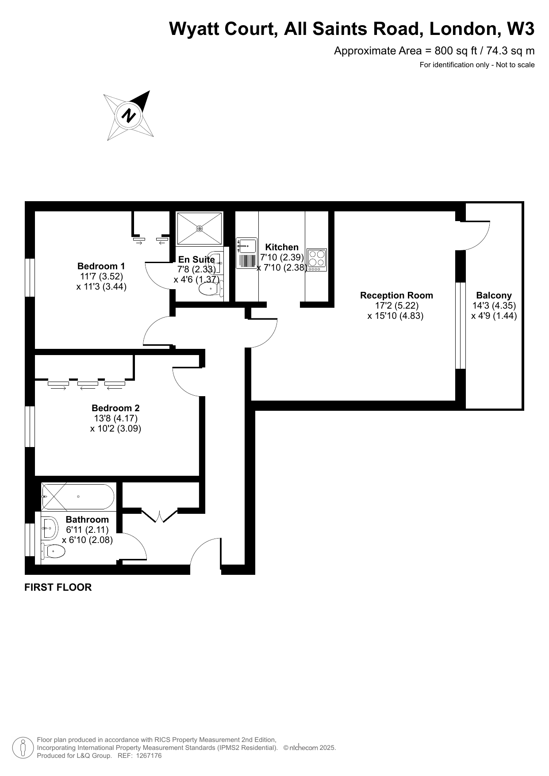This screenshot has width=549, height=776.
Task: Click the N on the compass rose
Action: point(129,115)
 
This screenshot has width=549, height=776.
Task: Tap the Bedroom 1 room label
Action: point(101,266)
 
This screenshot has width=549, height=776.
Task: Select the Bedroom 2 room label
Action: point(115,408)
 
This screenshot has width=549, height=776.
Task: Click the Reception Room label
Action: point(396,295)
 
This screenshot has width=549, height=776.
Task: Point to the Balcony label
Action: point(494,295)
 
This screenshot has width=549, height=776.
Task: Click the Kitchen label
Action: point(282,247)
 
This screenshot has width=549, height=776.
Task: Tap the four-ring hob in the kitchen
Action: point(317,260)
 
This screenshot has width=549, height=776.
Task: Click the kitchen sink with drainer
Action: point(247,253)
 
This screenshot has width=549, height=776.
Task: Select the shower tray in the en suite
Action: point(200,228)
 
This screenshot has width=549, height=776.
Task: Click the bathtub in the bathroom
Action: point(78,497)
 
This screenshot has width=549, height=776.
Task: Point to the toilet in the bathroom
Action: point(53,551)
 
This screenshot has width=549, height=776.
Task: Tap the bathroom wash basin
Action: point(49,528)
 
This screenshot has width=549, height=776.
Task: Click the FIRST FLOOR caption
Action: point(58,587)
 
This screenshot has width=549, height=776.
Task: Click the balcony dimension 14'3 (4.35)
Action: point(494,306)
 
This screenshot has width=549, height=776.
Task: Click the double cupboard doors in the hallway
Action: point(159,516)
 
